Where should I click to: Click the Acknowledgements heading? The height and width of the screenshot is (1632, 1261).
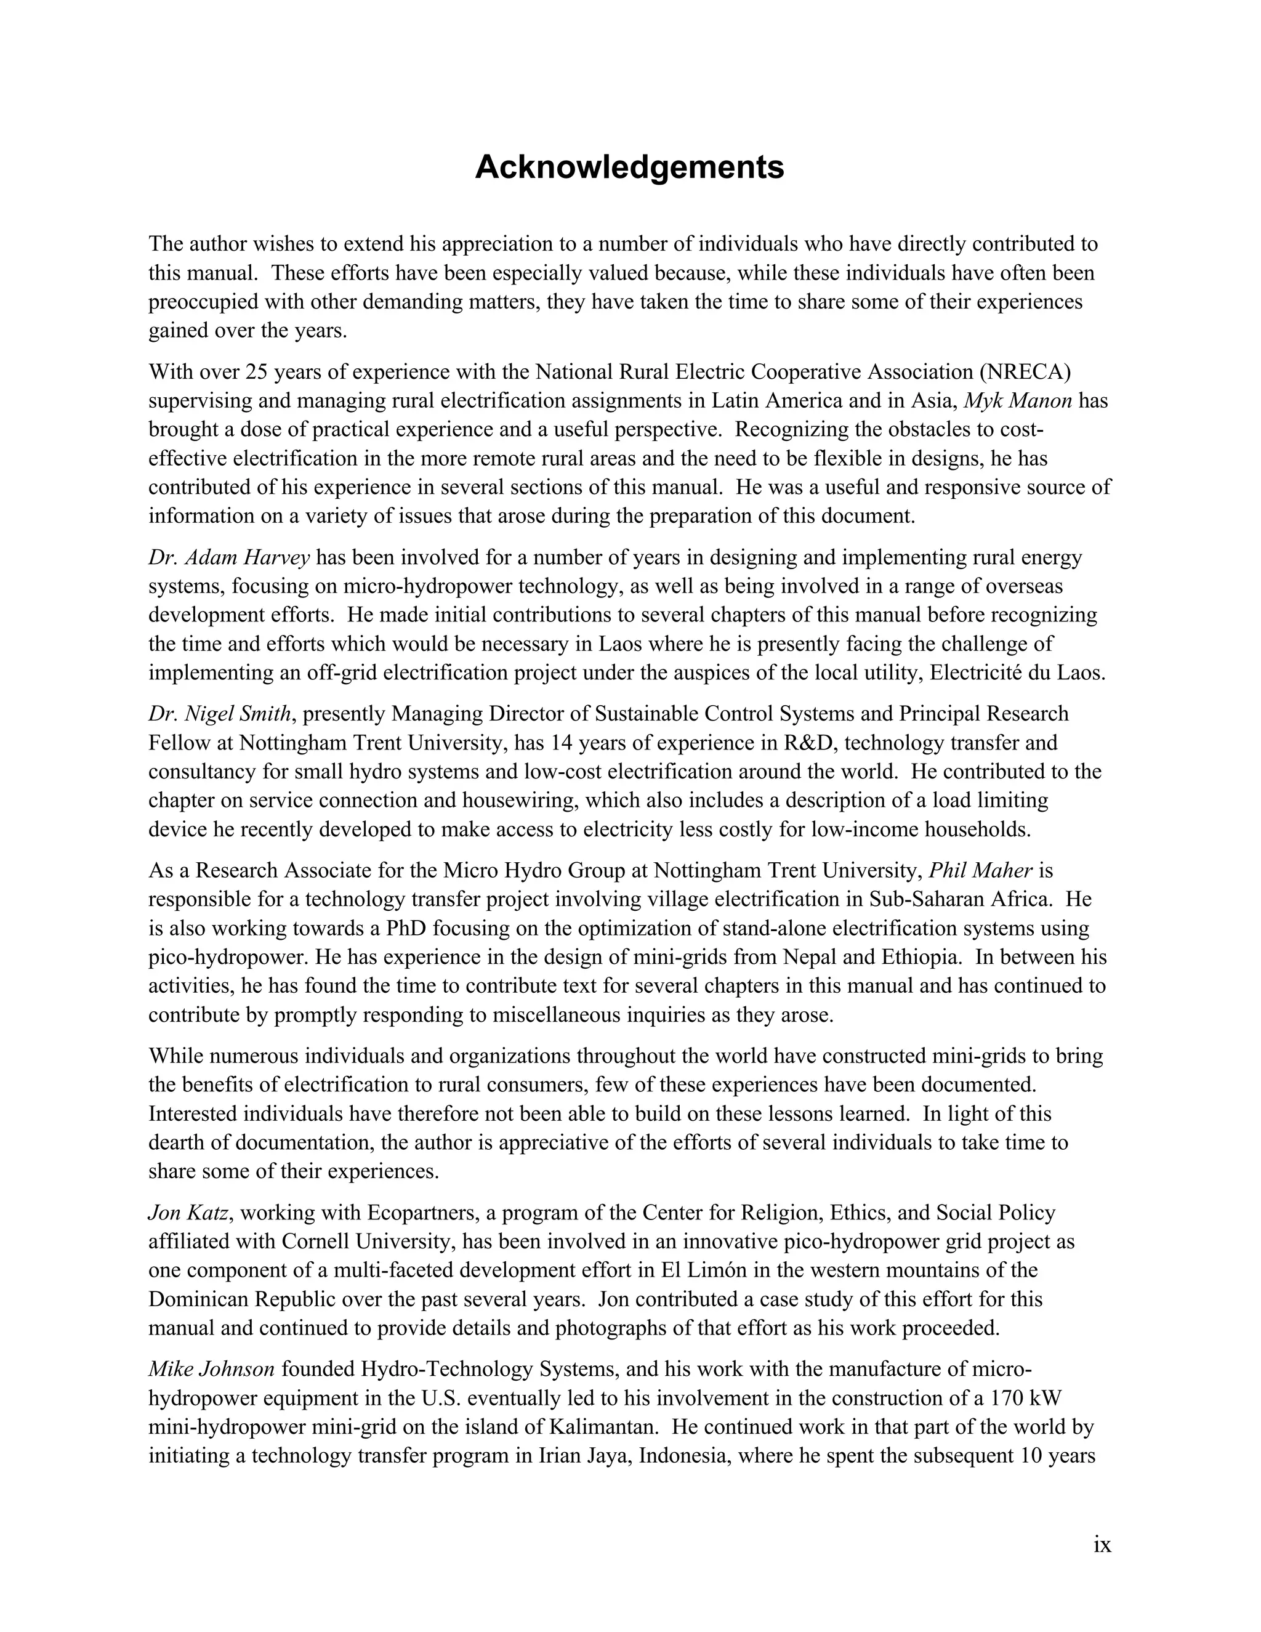[629, 167]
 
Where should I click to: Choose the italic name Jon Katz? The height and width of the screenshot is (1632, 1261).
[188, 1213]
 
